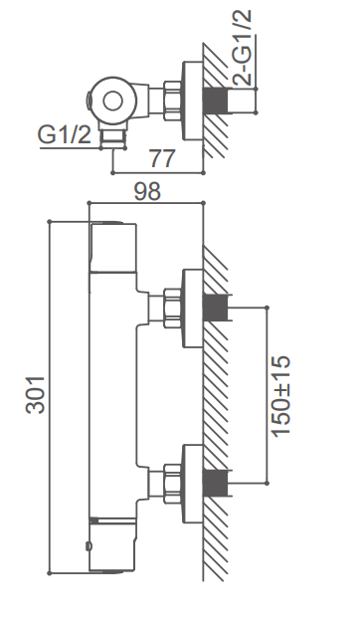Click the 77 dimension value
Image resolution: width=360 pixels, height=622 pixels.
pos(162,158)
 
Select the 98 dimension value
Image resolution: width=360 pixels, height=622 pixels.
pos(147,191)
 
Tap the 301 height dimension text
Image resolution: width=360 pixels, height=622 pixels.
pos(35,395)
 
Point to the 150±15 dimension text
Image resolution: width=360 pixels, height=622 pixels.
pos(282,395)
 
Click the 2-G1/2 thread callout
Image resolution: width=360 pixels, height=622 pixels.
pos(242,48)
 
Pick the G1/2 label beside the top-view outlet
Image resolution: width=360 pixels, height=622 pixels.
pos(65,134)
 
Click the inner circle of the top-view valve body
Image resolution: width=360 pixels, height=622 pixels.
pos(112,101)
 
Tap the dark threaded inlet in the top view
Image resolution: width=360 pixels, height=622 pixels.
pos(215,101)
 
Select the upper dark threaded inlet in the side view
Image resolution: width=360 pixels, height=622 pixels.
pos(215,308)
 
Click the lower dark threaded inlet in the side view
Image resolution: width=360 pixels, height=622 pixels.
pos(215,484)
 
